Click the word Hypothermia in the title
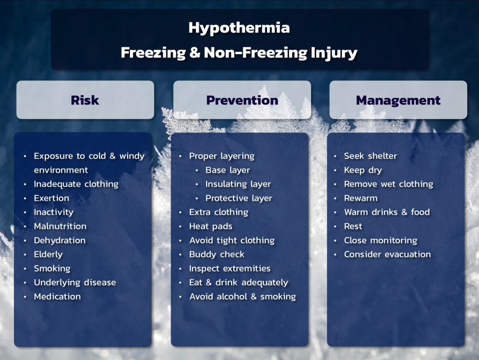tap(239, 28)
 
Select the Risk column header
tap(85, 100)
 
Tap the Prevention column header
tap(242, 100)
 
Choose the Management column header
tap(398, 100)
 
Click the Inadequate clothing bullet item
tap(76, 184)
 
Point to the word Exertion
tap(51, 198)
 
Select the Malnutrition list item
tap(60, 226)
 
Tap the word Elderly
tap(48, 254)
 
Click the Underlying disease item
tap(75, 282)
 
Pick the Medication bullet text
tap(57, 296)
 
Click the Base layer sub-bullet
tap(228, 170)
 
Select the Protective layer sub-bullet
tap(239, 198)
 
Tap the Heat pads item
tap(210, 226)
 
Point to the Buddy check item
tap(217, 254)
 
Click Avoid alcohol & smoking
tap(243, 296)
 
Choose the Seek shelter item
tap(370, 156)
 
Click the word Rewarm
tap(361, 198)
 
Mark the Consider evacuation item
tap(387, 254)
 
